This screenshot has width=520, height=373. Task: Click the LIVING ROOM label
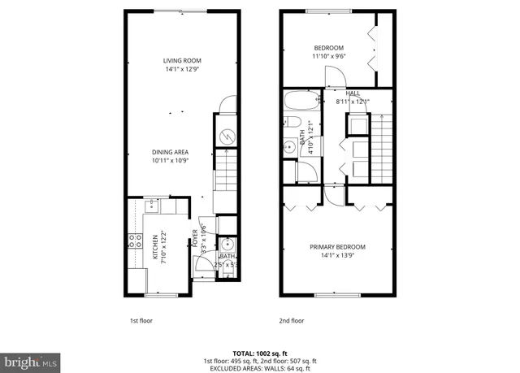[181, 61]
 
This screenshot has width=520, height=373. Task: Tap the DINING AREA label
[170, 152]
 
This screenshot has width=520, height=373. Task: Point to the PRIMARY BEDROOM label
[337, 247]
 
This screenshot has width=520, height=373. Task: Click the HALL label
[353, 93]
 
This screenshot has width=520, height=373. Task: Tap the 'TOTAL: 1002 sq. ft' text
[260, 353]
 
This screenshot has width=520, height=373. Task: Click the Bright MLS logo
[30, 359]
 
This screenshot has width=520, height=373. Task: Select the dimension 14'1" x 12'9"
[181, 70]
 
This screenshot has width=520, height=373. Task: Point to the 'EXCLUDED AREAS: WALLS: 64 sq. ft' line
[260, 367]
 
